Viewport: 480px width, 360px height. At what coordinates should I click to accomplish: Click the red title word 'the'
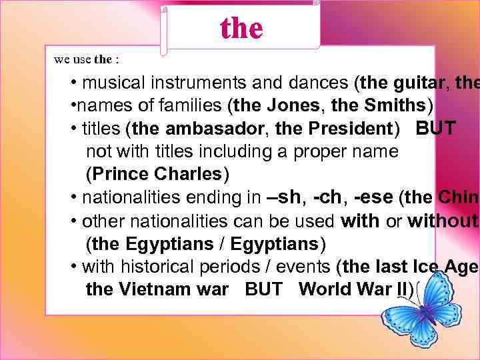pos(241,27)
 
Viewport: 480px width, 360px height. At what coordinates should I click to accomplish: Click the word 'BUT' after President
pos(436,129)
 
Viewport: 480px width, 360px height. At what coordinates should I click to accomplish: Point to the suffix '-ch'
pos(329,197)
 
